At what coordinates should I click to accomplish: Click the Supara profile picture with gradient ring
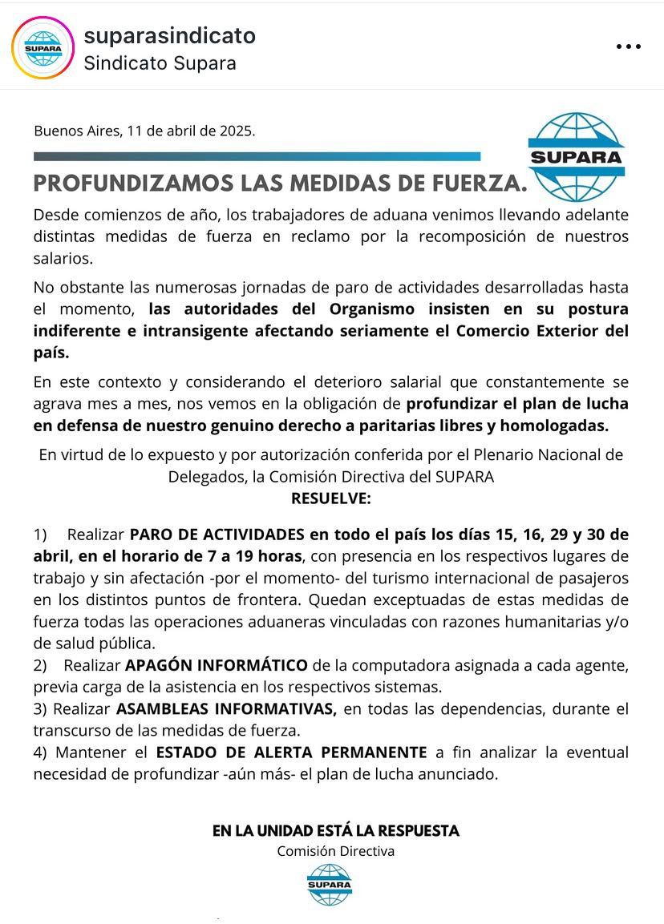43,47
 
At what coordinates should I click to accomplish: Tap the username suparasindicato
169,36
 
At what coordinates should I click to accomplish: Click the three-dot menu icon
629,46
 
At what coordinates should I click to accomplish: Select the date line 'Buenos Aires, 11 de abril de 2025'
144,131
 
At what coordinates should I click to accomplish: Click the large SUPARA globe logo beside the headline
576,156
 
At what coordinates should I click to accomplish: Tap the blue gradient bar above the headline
257,157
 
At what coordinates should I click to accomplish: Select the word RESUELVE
331,498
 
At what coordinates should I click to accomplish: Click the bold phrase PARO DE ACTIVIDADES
217,535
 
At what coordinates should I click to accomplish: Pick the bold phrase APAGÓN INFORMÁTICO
217,665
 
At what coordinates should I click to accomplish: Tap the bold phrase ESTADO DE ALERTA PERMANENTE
291,753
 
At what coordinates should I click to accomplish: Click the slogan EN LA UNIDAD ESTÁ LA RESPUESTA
336,831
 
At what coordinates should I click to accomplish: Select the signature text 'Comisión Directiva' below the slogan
336,851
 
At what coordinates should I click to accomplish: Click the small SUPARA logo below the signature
330,885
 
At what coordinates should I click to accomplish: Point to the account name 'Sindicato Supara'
160,63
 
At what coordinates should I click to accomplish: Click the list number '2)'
40,665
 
